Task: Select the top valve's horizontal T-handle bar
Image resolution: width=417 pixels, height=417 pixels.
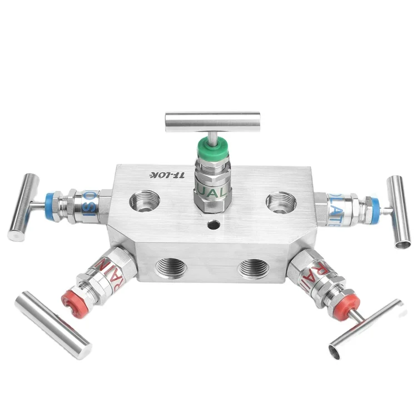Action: click(213, 120)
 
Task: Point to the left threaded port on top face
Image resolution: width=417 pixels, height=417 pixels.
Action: click(144, 201)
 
